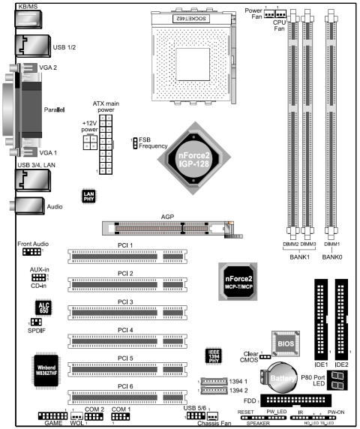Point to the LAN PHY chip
(88, 196)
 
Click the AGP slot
(164, 226)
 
